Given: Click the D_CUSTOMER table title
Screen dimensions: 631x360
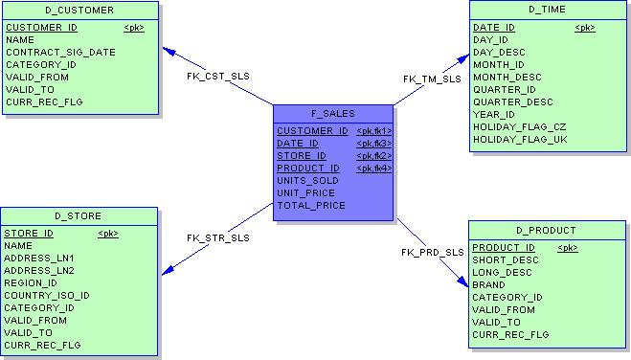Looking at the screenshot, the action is tap(79, 11).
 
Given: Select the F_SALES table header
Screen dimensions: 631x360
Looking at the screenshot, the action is tap(333, 114).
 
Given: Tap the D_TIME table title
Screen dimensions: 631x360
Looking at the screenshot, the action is tap(548, 10).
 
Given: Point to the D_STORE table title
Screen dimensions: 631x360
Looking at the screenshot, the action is tap(79, 216).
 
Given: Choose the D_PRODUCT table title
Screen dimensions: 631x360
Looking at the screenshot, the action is tap(546, 231).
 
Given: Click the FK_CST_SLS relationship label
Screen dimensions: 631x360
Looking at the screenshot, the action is tap(218, 76).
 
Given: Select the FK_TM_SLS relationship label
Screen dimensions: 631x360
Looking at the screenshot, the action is tap(432, 79).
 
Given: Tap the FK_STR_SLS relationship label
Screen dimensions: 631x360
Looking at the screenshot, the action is tap(218, 238).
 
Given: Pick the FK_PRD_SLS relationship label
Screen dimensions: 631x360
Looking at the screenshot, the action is tap(433, 253).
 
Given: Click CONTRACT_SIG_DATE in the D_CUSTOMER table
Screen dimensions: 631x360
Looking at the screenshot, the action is tap(60, 53).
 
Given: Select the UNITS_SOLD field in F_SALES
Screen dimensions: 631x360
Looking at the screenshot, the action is tap(308, 181).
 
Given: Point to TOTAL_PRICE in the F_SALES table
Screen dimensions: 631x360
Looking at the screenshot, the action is tap(311, 206).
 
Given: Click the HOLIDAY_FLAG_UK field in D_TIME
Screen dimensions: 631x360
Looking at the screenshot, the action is tap(520, 140).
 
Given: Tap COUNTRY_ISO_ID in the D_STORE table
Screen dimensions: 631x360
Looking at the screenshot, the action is tap(47, 296).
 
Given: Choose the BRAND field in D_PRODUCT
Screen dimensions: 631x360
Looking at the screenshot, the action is tap(488, 285).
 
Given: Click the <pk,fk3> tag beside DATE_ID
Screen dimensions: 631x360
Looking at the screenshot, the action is tap(374, 144).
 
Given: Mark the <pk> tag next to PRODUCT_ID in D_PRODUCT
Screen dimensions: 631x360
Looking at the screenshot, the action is tap(568, 248).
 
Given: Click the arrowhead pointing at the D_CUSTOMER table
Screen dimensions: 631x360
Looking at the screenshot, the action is tap(169, 51).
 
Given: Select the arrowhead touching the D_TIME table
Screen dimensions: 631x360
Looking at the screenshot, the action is tap(463, 59).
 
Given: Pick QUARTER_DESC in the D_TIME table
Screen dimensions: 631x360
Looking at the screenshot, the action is tap(513, 102).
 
